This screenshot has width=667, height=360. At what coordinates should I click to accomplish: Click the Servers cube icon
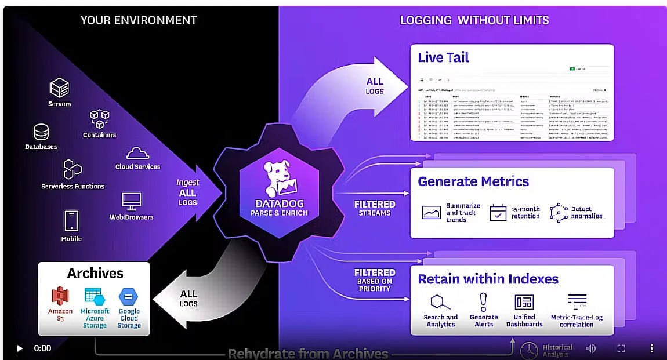point(59,88)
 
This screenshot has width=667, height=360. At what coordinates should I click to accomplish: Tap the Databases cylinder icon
point(41,132)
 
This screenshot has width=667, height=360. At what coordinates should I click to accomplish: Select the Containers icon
point(99,119)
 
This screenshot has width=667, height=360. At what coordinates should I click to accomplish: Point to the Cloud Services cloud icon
point(137,154)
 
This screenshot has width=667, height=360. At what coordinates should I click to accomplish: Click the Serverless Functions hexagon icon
point(72,169)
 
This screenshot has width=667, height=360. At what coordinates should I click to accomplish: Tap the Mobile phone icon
point(71,221)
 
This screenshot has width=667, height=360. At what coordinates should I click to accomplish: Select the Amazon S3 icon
point(60,296)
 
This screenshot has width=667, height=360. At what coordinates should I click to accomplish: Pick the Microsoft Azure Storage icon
point(94,296)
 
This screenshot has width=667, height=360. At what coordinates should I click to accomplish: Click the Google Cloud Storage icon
point(128,296)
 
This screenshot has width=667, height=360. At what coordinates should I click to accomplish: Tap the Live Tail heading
point(443,57)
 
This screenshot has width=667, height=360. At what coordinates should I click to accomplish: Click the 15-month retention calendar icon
point(498,212)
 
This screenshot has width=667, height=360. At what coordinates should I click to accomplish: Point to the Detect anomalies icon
point(558,212)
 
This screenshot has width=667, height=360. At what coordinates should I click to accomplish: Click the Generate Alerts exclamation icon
point(483,301)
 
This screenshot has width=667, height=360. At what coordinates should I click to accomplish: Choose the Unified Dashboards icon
point(524,302)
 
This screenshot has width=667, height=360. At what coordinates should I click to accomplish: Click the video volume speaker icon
point(591,348)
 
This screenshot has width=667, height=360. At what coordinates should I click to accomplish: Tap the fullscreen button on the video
point(621,348)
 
